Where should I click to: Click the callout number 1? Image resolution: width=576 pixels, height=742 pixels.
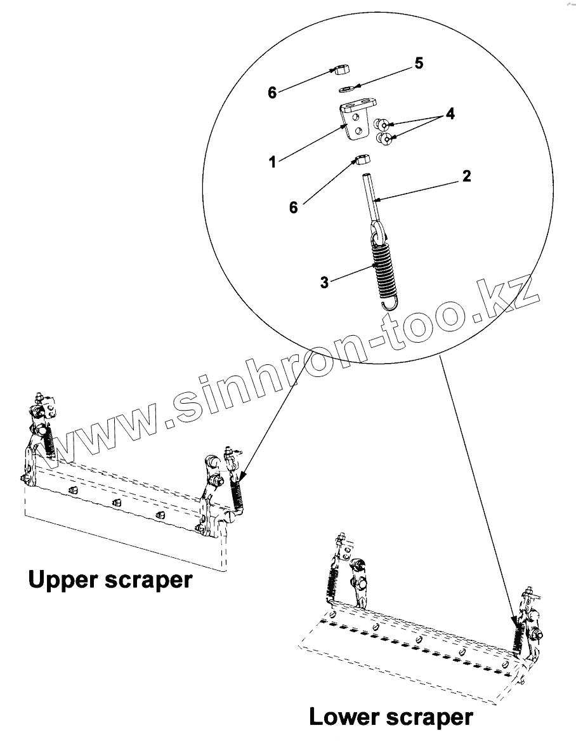tap(272, 162)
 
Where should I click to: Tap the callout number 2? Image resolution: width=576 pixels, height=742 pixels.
tap(466, 176)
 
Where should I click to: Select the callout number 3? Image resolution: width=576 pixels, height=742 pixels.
tap(324, 282)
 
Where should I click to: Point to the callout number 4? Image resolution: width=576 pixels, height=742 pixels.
tap(449, 114)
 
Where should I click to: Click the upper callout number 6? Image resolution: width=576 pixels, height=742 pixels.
tap(272, 93)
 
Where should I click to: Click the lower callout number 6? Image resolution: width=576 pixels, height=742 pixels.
tap(293, 207)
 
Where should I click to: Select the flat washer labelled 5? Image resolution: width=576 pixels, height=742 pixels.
tap(346, 88)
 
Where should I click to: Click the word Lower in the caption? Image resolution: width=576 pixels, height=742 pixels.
tap(345, 718)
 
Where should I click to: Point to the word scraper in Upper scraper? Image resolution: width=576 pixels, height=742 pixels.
tap(152, 580)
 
